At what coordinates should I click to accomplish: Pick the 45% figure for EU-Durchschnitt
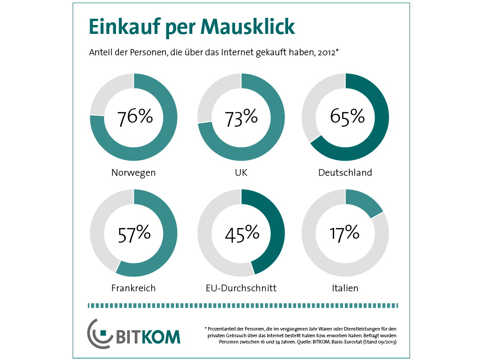(241, 233)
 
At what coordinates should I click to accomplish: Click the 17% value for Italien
(344, 233)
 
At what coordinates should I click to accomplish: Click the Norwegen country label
(133, 173)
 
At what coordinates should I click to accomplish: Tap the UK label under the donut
(241, 173)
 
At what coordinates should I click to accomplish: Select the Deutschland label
(345, 172)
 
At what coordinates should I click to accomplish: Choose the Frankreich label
(133, 288)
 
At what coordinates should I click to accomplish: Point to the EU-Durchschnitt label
(241, 288)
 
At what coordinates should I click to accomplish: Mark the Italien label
(345, 288)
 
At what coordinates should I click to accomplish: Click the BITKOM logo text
(148, 336)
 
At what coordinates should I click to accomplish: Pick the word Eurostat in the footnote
(354, 342)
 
